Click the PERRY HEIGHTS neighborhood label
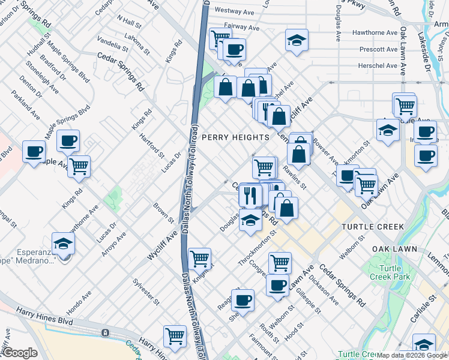click(x=235, y=137)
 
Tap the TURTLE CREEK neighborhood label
click(x=373, y=227)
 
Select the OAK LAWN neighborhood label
click(x=394, y=249)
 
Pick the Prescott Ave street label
click(x=378, y=49)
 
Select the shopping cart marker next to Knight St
click(x=199, y=259)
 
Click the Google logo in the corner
click(x=19, y=353)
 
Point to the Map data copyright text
click(x=412, y=355)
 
